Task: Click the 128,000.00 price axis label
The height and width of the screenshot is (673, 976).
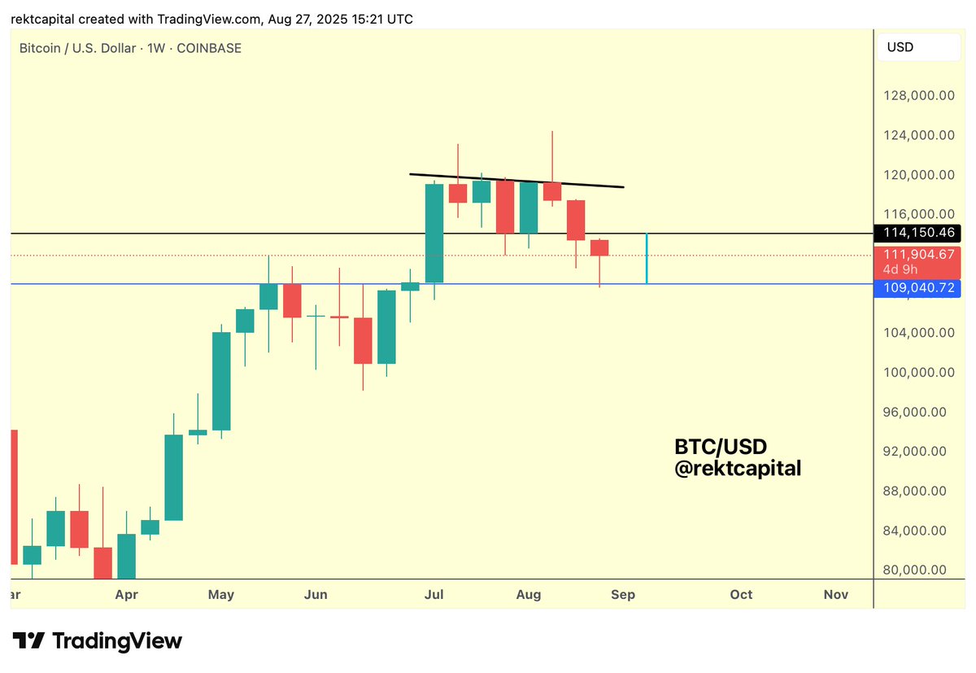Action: tap(919, 96)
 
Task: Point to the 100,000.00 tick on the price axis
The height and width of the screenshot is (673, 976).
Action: tap(919, 372)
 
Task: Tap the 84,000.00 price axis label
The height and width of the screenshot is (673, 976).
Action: tap(919, 531)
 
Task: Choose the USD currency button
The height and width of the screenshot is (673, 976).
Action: tap(918, 47)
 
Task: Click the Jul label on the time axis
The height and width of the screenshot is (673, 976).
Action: tap(434, 595)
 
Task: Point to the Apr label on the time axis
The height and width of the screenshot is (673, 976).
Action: tap(126, 595)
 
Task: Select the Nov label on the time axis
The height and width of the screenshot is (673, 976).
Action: tap(836, 595)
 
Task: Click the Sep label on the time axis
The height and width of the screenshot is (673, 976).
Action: tap(623, 595)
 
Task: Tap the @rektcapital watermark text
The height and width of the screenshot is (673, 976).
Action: tap(738, 469)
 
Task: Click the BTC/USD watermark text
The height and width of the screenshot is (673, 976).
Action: tap(721, 447)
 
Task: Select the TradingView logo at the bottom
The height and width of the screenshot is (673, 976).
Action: tap(96, 640)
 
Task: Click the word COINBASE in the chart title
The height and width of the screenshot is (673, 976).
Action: tap(210, 48)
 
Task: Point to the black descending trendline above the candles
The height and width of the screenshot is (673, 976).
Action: tap(516, 180)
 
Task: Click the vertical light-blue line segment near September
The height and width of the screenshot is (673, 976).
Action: tap(647, 259)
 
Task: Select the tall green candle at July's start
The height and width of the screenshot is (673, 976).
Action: tap(434, 233)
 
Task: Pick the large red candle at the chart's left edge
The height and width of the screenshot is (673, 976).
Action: tap(13, 496)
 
